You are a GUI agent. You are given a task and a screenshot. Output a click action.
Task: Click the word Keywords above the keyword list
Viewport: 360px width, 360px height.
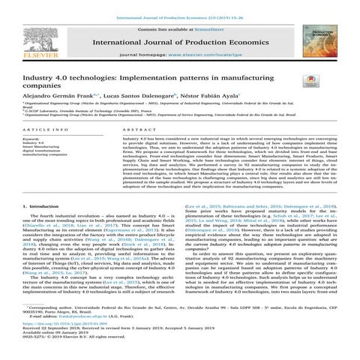tap(24, 139)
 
